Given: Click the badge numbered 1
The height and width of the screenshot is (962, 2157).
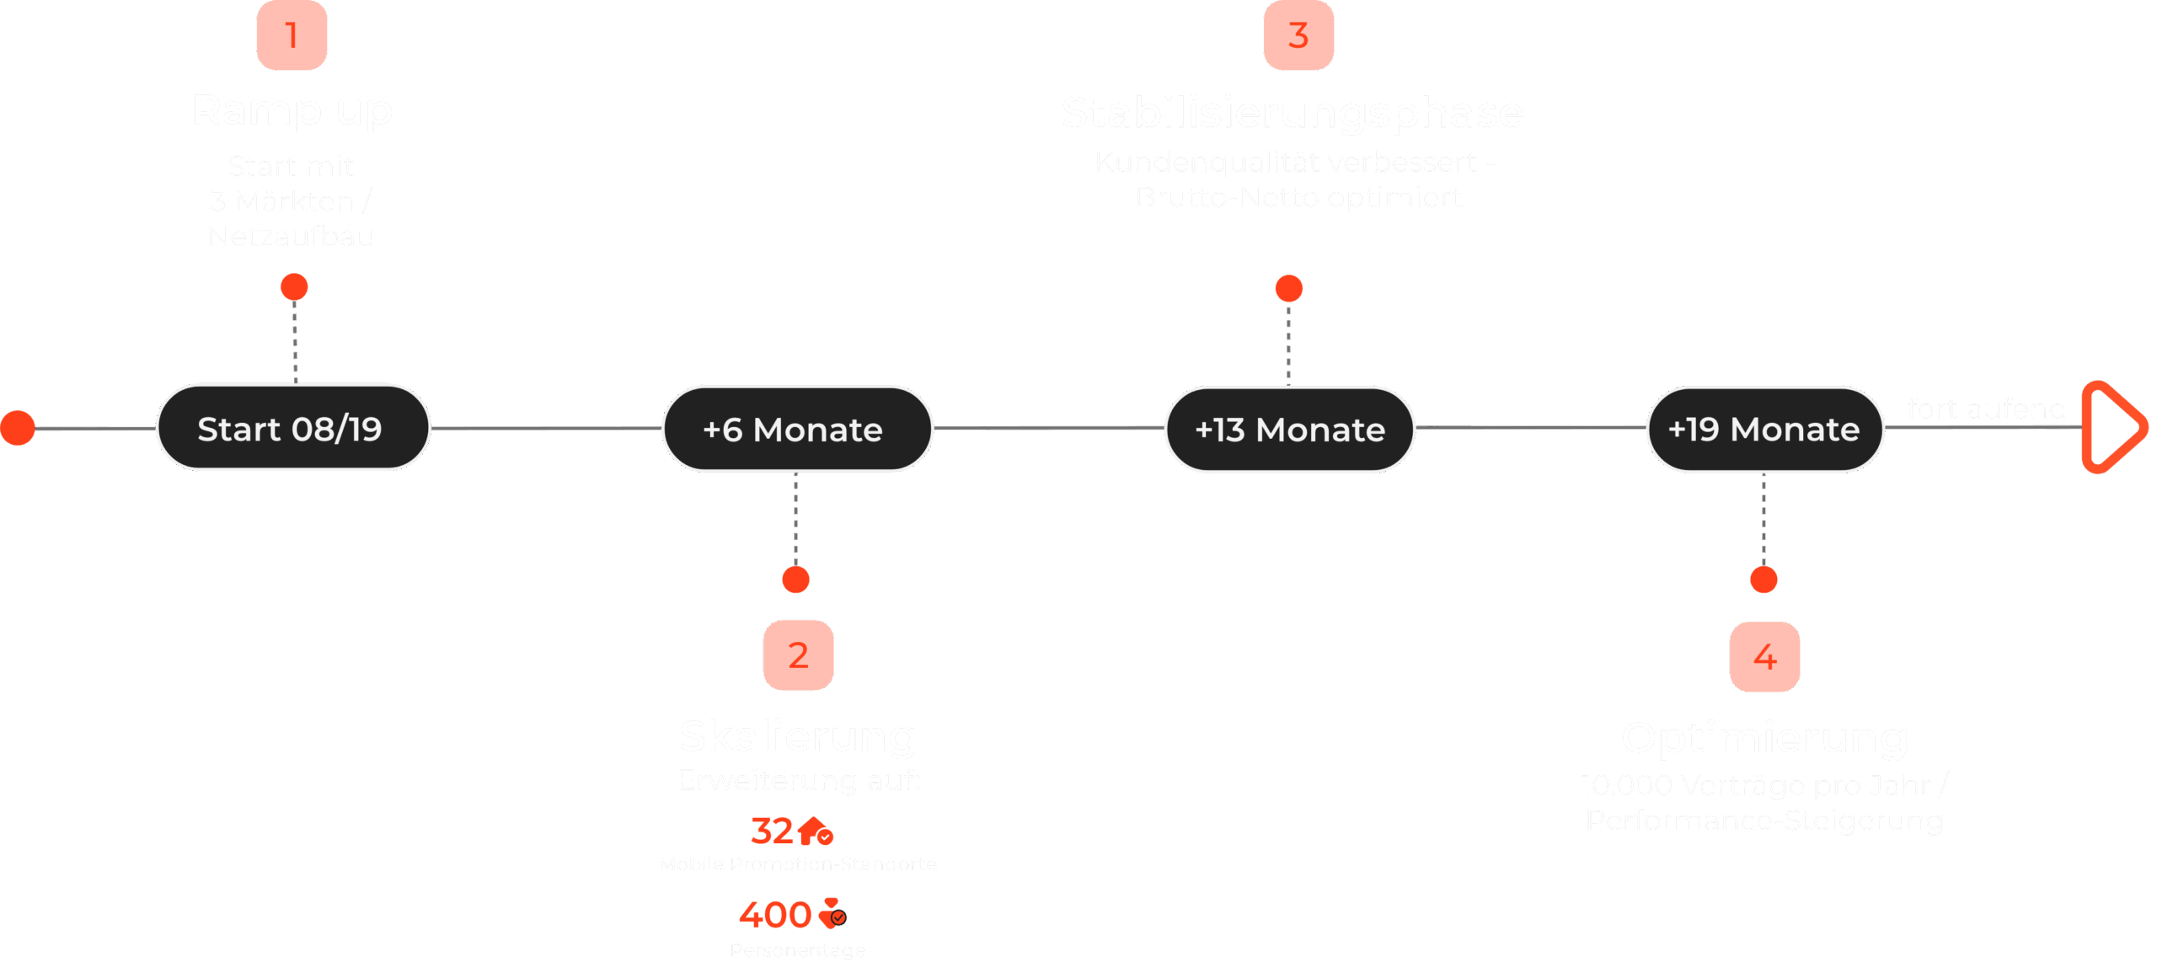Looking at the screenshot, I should (x=292, y=35).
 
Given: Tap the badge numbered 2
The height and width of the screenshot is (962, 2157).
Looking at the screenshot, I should (x=798, y=655).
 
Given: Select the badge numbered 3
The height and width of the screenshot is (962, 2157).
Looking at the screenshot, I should (x=1298, y=35).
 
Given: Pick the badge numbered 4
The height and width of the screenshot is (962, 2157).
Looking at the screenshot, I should (x=1764, y=657).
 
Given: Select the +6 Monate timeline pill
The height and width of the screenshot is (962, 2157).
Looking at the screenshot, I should (x=796, y=430).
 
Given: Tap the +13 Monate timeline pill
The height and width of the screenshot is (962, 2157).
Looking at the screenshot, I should (x=1289, y=430).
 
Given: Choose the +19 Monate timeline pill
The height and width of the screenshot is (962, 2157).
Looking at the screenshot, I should (x=1764, y=430).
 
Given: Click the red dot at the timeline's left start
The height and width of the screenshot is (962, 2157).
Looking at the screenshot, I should (x=18, y=428).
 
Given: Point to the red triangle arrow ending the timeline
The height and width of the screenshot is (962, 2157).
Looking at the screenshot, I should (x=2112, y=427).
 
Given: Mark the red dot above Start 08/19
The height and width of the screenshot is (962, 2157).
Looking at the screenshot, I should (x=294, y=287).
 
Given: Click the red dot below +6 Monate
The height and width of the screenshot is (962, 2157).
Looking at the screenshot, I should (x=795, y=580).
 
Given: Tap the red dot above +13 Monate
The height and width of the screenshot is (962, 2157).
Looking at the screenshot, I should (x=1289, y=289).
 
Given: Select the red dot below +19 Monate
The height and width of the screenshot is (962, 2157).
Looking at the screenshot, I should (x=1764, y=580).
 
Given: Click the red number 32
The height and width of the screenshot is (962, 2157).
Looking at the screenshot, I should (x=771, y=831).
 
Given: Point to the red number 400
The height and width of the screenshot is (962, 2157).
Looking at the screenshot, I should (x=774, y=915).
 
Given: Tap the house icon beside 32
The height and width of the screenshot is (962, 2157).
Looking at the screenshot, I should (x=815, y=831).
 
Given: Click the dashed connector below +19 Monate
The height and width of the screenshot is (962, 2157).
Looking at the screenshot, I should (x=1764, y=518).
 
